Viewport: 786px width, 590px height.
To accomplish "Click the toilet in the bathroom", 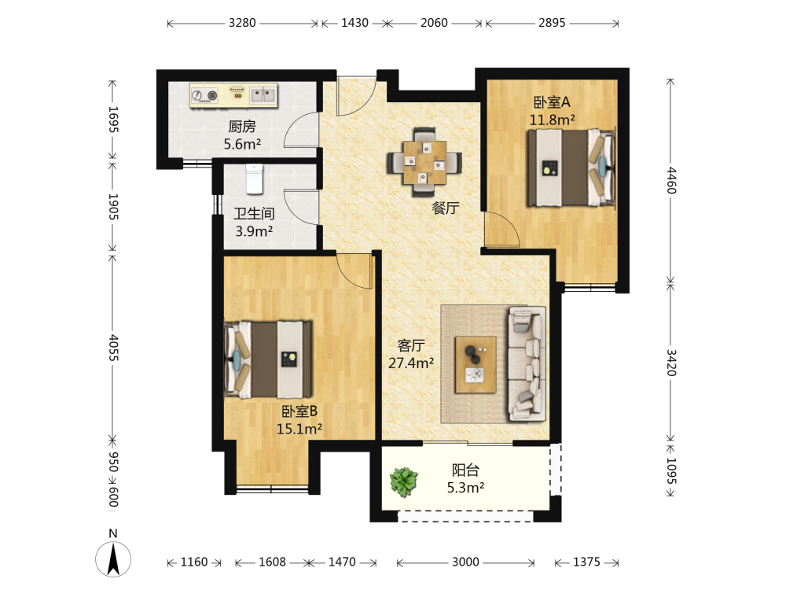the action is (254, 179).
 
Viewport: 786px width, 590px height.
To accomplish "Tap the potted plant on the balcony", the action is (403, 481).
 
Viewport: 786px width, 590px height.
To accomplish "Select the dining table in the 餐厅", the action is (424, 162).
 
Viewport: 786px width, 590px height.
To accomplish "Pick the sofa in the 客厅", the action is (527, 364).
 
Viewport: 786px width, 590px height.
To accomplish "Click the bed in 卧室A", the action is (571, 168).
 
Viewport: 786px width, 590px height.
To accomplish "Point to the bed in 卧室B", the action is (268, 360).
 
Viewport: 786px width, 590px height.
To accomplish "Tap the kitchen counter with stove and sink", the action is (233, 95).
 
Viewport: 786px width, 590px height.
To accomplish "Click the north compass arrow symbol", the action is (113, 559).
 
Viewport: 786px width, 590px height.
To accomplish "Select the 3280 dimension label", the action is (242, 23).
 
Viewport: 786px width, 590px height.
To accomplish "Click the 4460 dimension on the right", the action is (671, 181).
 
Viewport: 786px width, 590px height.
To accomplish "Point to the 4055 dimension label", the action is (113, 348).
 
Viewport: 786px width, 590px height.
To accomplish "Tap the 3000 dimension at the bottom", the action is (465, 562).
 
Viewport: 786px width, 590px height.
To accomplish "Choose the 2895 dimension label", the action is (552, 23).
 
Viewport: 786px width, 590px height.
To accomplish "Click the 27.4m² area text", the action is (411, 363).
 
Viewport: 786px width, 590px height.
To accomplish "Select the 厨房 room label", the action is (242, 127).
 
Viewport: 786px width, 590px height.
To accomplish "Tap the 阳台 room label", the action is (465, 470).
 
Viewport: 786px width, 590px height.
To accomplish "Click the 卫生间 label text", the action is (254, 214).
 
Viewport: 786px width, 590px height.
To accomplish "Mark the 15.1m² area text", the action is (299, 429).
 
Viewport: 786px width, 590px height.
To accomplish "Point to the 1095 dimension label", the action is (671, 470).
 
